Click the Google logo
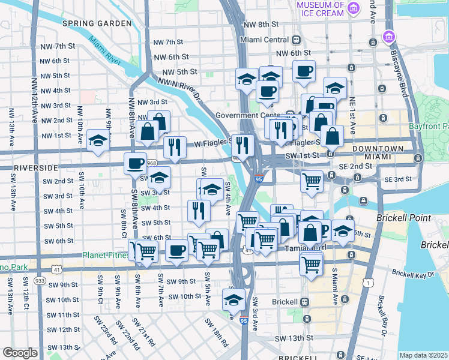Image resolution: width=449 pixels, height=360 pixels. coord(20,353)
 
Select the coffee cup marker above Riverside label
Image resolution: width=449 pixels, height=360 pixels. coord(135,163)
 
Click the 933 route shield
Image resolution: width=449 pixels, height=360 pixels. coord(40,280)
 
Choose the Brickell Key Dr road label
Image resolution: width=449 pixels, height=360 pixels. coord(412,273)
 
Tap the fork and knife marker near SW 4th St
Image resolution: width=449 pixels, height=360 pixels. coord(198,210)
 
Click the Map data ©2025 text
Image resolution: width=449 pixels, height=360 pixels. coord(423,355)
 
